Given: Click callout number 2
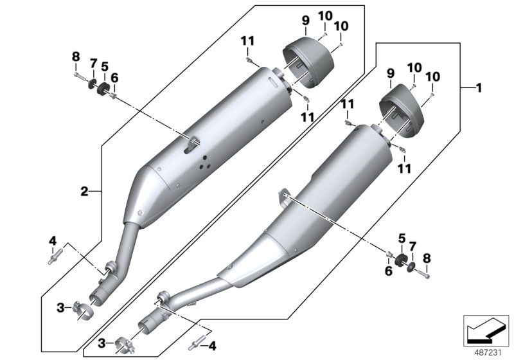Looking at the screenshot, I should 84,191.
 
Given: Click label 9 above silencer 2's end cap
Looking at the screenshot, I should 305,21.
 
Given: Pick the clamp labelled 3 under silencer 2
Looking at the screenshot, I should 84,313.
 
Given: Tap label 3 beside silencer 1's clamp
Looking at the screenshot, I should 100,345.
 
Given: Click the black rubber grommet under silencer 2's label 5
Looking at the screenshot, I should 102,88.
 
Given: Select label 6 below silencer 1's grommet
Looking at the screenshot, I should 387,272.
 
